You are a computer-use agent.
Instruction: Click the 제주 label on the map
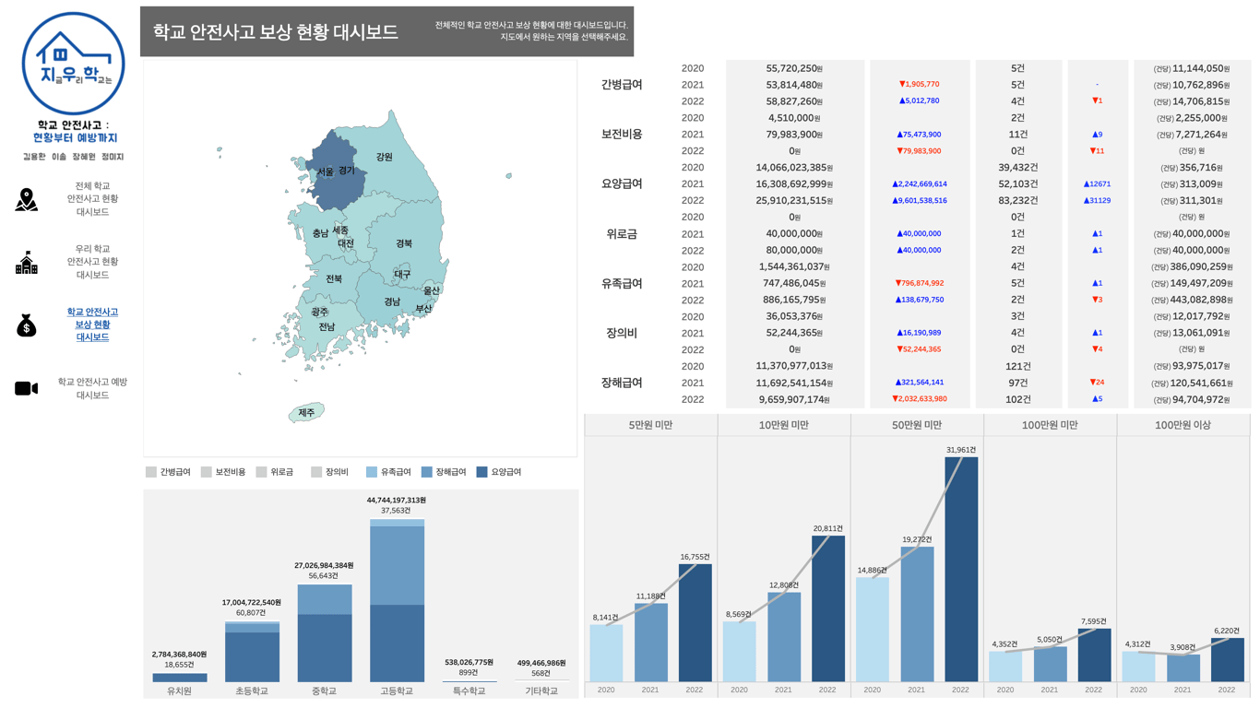point(306,413)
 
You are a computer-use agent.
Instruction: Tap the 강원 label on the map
point(384,158)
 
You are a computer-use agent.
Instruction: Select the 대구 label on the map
point(402,275)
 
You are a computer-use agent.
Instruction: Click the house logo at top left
point(73,63)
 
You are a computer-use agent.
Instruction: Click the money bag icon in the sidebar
point(27,325)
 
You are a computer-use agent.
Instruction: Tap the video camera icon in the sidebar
point(27,389)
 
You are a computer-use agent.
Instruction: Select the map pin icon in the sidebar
point(27,199)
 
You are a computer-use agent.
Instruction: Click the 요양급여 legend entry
point(498,472)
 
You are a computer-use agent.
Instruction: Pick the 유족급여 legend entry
point(388,472)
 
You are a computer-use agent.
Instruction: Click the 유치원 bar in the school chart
point(180,678)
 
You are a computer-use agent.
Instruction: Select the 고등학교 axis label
point(397,691)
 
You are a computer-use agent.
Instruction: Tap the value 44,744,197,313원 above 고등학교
point(397,501)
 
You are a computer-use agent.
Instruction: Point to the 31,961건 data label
point(960,450)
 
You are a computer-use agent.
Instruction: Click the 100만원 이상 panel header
point(1183,425)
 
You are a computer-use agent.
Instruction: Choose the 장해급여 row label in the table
point(622,383)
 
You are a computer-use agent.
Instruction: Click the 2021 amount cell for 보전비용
point(794,135)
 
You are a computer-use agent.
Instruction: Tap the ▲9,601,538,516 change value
point(920,201)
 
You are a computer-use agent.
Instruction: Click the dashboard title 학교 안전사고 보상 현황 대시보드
point(276,32)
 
